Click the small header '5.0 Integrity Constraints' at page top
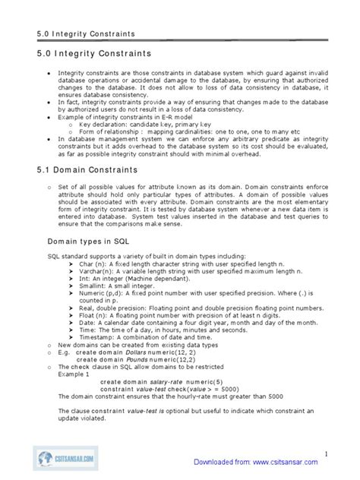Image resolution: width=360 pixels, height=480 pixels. (x=86, y=33)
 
